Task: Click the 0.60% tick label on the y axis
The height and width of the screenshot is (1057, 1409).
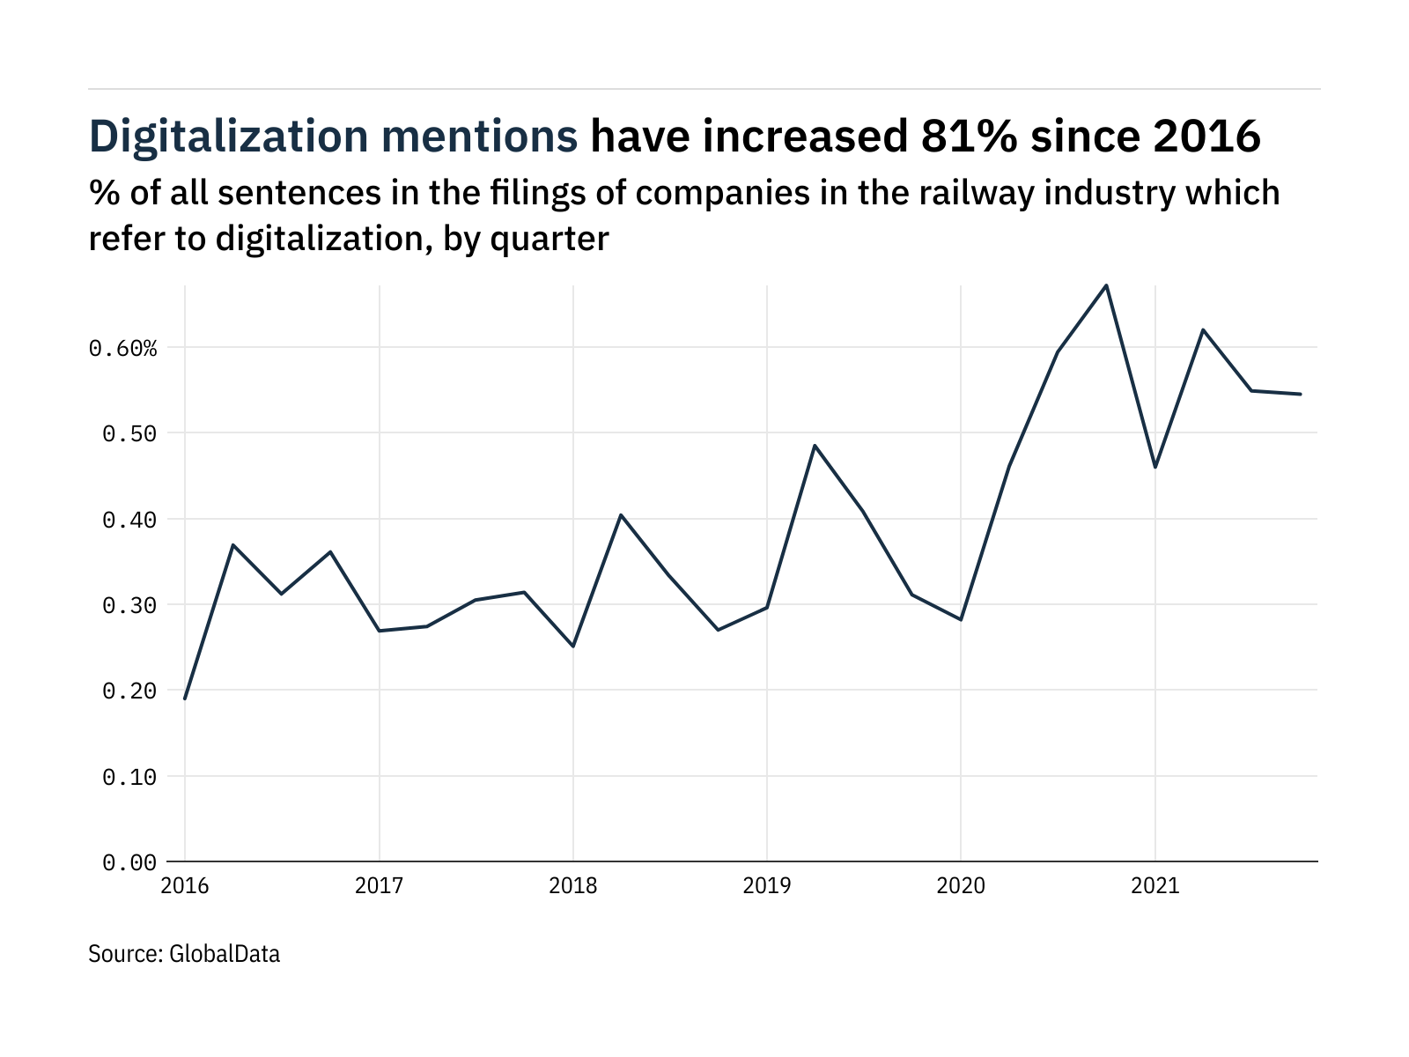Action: pyautogui.click(x=123, y=349)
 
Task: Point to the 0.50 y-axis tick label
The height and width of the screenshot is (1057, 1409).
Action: pyautogui.click(x=129, y=433)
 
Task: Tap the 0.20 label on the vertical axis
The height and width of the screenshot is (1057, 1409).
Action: pyautogui.click(x=129, y=691)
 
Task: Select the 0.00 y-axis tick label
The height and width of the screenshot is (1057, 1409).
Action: pyautogui.click(x=129, y=863)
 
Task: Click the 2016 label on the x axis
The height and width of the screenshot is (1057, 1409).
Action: pyautogui.click(x=185, y=885)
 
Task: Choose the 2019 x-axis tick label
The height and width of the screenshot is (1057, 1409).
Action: pyautogui.click(x=767, y=885)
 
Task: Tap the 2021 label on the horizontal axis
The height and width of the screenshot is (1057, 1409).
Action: pyautogui.click(x=1154, y=885)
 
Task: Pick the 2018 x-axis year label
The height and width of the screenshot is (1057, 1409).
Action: pyautogui.click(x=573, y=885)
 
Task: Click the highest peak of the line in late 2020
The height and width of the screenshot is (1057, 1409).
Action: pyautogui.click(x=1106, y=285)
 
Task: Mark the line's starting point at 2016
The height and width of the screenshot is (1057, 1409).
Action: pyautogui.click(x=185, y=699)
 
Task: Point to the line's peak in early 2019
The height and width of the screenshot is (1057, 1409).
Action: pyautogui.click(x=815, y=446)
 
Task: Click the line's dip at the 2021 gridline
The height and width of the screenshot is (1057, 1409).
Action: pyautogui.click(x=1154, y=467)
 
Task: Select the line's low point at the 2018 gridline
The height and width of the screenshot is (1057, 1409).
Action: pyautogui.click(x=573, y=647)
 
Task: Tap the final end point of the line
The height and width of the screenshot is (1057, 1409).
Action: pyautogui.click(x=1301, y=394)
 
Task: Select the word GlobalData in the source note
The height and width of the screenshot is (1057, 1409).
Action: pyautogui.click(x=224, y=954)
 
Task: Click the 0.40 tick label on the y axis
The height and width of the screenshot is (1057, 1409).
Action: pyautogui.click(x=129, y=520)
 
